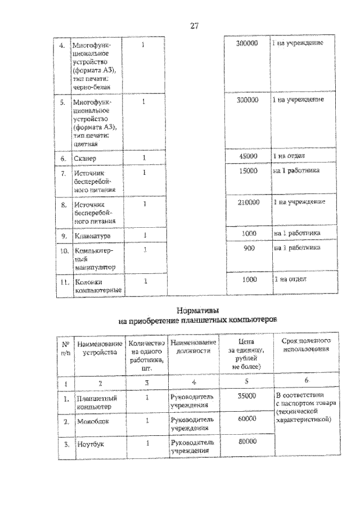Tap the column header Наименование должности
point(193,346)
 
